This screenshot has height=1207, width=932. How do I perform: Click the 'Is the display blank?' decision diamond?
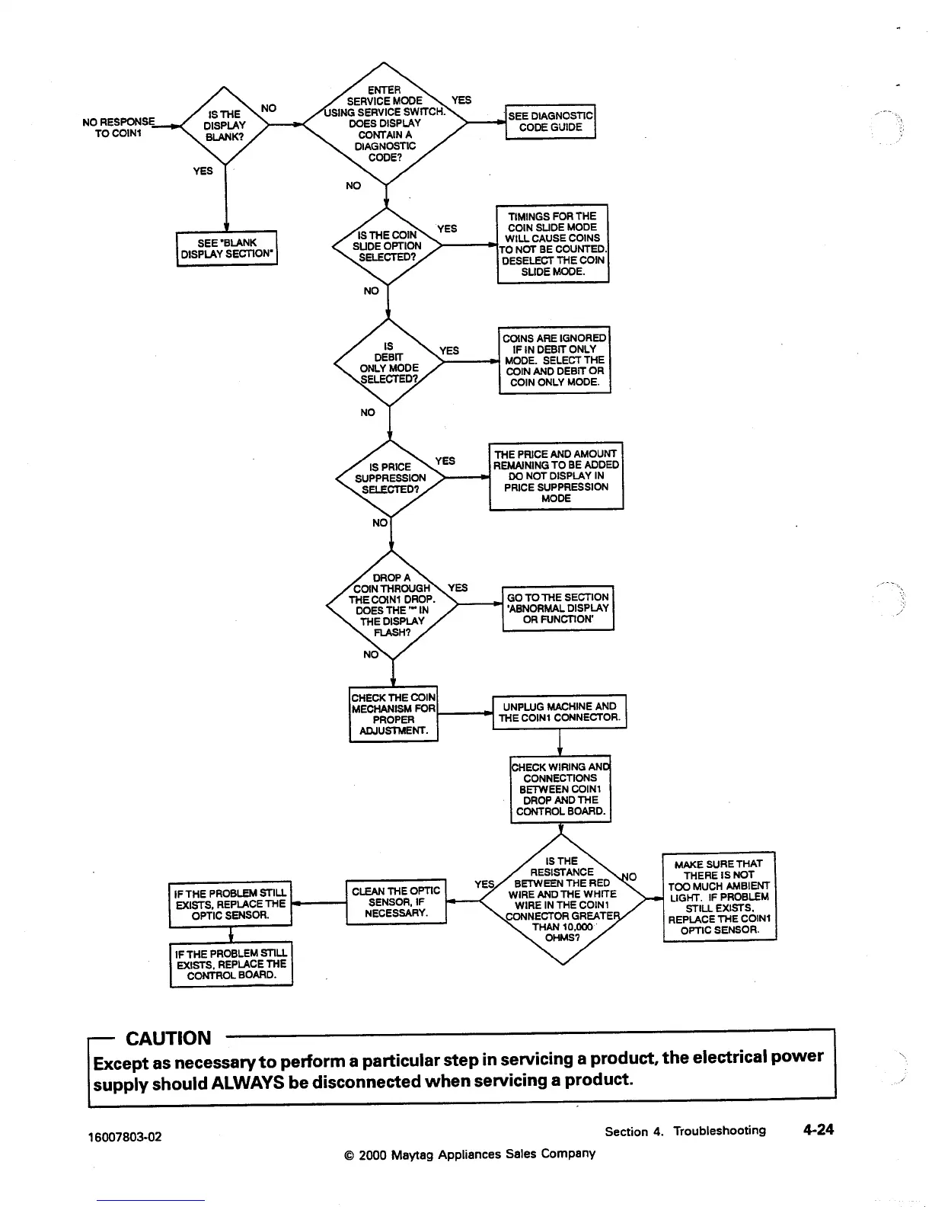pyautogui.click(x=225, y=126)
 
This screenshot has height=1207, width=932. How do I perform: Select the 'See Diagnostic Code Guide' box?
pyautogui.click(x=551, y=121)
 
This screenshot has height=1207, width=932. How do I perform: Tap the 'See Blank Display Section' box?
pyautogui.click(x=226, y=248)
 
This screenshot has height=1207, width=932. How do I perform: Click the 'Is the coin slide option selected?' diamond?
pyautogui.click(x=388, y=246)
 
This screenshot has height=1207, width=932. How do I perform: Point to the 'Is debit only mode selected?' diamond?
pyautogui.click(x=389, y=362)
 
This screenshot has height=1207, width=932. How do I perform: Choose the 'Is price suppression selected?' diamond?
pyautogui.click(x=390, y=478)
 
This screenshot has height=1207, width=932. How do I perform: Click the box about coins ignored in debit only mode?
pyautogui.click(x=554, y=360)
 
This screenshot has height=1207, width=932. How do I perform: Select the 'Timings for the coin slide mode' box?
pyautogui.click(x=552, y=244)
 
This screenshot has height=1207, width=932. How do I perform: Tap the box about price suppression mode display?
pyautogui.click(x=556, y=475)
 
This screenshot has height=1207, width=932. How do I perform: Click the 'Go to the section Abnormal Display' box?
pyautogui.click(x=557, y=608)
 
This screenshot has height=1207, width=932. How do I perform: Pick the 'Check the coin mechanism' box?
pyautogui.click(x=393, y=714)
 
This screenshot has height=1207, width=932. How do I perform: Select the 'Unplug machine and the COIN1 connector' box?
pyautogui.click(x=559, y=712)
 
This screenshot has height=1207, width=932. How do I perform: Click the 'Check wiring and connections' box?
pyautogui.click(x=560, y=789)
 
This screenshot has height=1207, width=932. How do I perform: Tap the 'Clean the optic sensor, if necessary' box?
pyautogui.click(x=396, y=901)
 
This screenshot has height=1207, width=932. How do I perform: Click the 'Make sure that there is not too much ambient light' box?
pyautogui.click(x=719, y=896)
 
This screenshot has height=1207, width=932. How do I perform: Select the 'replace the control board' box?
pyautogui.click(x=231, y=964)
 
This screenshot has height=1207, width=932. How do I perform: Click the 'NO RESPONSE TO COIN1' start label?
pyautogui.click(x=118, y=126)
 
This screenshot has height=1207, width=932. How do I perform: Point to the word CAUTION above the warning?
pyautogui.click(x=168, y=1038)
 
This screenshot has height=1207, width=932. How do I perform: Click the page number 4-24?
pyautogui.click(x=819, y=1129)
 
